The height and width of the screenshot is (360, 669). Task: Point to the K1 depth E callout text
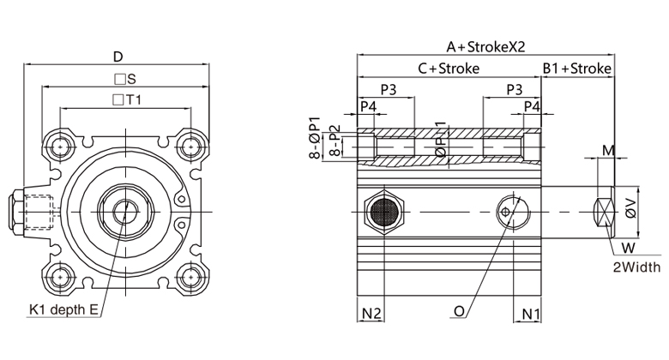pos(63,309)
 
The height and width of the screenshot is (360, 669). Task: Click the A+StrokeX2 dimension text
pos(485,47)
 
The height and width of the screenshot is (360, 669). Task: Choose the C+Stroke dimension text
pos(449,69)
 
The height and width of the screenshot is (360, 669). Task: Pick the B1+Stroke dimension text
pos(577,69)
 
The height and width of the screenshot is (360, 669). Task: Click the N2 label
pos(371,314)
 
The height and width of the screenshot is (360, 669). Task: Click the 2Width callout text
pos(636,267)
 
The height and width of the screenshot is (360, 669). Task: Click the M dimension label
pos(608,151)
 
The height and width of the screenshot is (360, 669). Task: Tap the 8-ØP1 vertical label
pos(315,137)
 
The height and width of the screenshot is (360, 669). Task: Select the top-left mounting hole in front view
pos(59,146)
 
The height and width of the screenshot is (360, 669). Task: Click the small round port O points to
pos(509,210)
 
